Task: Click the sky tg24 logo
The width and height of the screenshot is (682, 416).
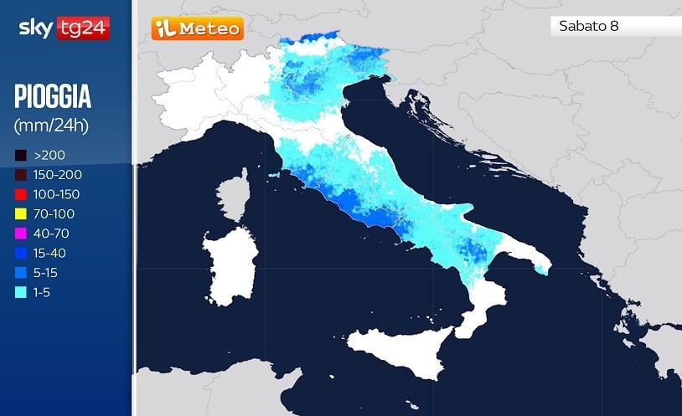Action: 64,29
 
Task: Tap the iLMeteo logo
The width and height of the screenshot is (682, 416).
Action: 198,29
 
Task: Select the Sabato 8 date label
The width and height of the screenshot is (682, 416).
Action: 589,26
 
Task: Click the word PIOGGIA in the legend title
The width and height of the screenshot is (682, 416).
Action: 53,98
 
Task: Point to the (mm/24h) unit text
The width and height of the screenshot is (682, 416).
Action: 51,126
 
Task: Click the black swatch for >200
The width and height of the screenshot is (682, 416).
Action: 20,155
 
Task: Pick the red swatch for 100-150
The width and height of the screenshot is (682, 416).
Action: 20,194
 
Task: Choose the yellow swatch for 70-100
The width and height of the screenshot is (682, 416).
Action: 20,214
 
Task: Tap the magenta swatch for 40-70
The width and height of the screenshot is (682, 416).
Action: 20,234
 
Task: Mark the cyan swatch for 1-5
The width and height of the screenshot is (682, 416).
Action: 20,292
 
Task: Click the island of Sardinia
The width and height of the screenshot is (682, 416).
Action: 227,270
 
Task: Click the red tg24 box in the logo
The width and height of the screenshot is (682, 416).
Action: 83,29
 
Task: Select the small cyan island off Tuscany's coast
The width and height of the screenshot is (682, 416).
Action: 273,176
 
